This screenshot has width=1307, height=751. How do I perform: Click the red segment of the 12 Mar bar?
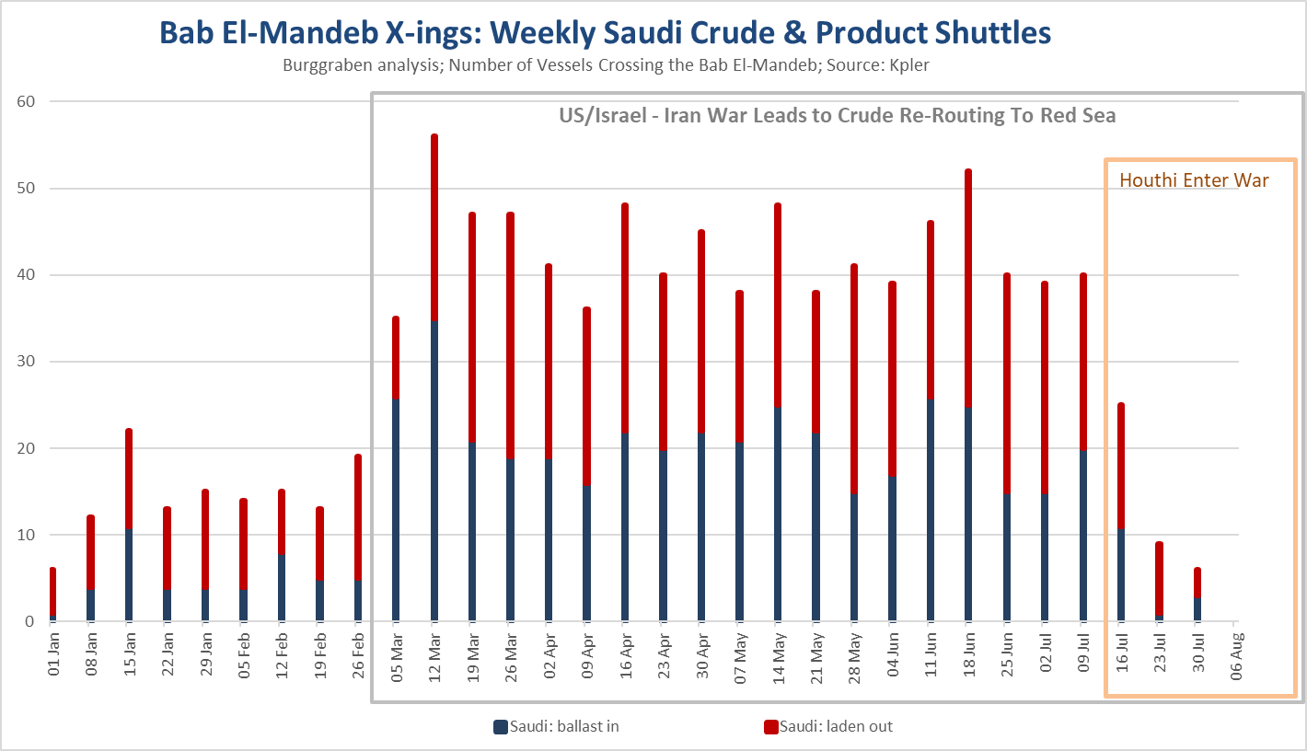click(x=434, y=227)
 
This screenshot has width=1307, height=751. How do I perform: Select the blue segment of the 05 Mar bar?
click(x=396, y=510)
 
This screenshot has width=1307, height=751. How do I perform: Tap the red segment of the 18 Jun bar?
click(x=968, y=288)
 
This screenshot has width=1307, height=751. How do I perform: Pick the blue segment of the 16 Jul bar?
click(x=1121, y=575)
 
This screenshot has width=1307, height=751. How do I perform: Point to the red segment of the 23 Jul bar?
click(x=1159, y=578)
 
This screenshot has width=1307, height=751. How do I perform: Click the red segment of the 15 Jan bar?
click(x=129, y=479)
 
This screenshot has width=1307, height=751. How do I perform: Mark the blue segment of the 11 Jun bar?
click(x=930, y=510)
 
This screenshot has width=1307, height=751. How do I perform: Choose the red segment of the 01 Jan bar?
click(x=52, y=591)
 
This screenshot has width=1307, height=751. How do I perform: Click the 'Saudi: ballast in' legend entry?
click(x=556, y=726)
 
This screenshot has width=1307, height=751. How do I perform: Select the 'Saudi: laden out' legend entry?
click(x=828, y=726)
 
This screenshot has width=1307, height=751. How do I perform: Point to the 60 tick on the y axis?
click(x=26, y=101)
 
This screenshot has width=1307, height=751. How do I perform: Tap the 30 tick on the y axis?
click(x=26, y=361)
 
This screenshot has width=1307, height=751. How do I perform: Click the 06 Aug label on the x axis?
click(x=1236, y=655)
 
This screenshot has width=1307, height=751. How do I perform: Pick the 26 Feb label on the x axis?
click(x=358, y=654)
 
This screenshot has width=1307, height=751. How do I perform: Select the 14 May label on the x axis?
click(x=778, y=658)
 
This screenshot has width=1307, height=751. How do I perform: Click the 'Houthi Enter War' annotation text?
click(x=1194, y=179)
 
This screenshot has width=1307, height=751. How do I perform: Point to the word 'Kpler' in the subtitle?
click(x=909, y=65)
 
